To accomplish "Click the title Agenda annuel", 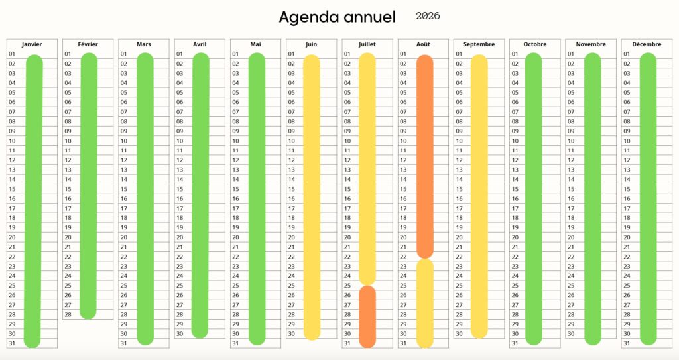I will pos(337,17).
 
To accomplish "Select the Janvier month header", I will pos(32,44).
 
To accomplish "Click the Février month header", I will pos(88,44).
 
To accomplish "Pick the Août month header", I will pos(423,44).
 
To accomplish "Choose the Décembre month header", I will pos(647,44).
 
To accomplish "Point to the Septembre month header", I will pos(479,44).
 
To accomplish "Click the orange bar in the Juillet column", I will pos(367,316).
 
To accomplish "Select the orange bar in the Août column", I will pos(425,156).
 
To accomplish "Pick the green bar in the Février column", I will pos(89,186).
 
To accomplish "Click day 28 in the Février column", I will pos(68,314).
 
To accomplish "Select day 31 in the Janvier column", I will pos(12,343).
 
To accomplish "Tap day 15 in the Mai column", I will pos(235,189).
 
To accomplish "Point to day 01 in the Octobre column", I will pos(515,54).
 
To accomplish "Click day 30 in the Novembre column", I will pos(570,333).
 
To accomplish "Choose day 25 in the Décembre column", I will pos(627,286).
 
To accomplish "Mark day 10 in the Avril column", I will pos(180,141).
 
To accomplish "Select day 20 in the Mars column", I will pos(124,237).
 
